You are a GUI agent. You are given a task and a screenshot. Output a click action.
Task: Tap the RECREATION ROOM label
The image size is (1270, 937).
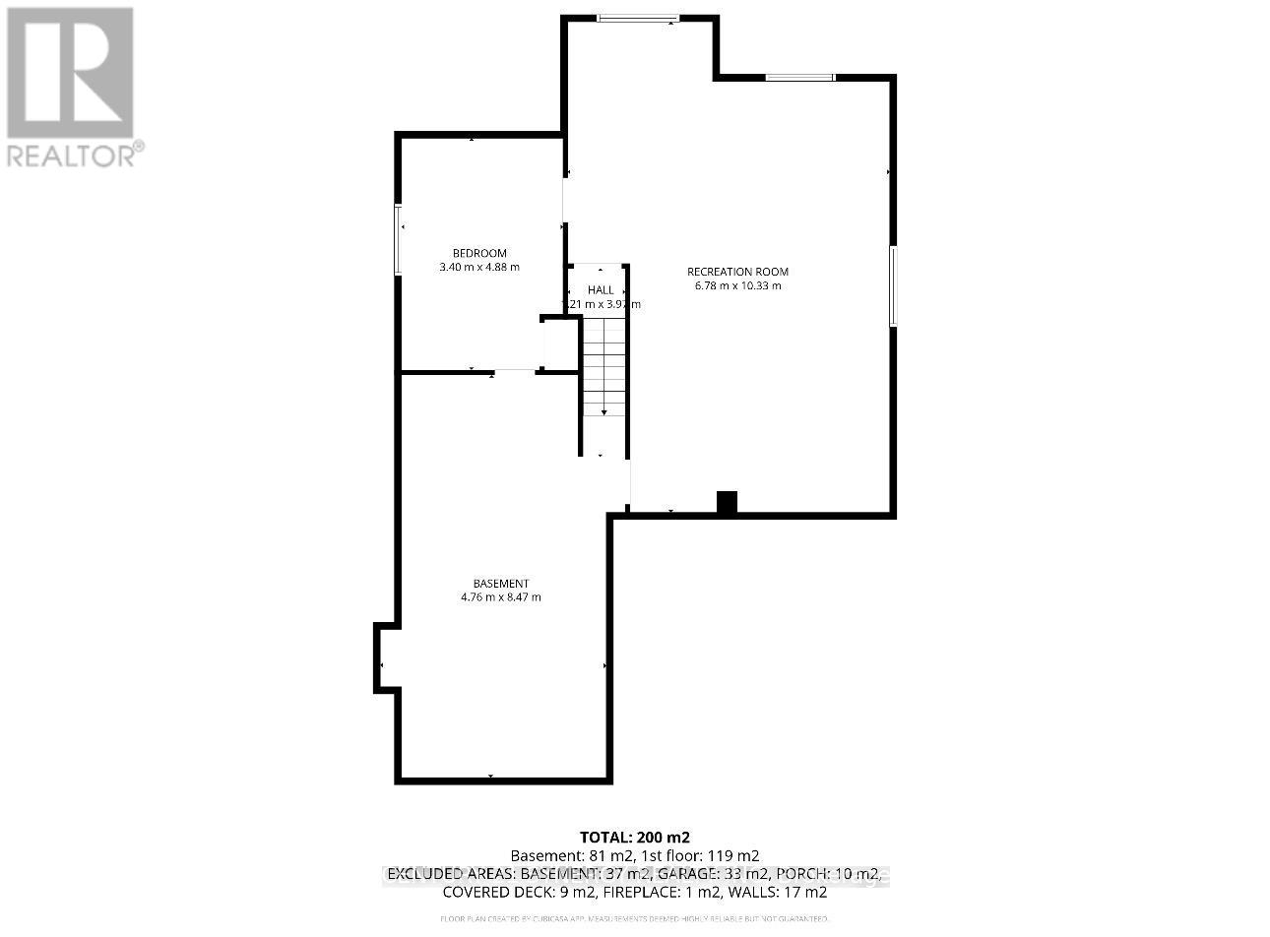coord(737,272)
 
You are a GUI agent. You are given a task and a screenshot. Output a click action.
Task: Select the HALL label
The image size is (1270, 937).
coord(601,290)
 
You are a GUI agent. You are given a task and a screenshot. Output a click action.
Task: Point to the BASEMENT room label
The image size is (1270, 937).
coord(500,583)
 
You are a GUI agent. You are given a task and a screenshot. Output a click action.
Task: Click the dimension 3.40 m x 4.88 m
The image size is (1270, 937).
coord(479,267)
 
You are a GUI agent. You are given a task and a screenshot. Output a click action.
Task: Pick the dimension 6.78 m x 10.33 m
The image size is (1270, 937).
coord(737,286)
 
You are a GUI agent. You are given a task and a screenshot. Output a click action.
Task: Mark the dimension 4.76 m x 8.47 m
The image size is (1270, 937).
coord(500,597)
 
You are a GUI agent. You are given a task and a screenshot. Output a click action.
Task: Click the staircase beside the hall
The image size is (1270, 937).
coord(603,368)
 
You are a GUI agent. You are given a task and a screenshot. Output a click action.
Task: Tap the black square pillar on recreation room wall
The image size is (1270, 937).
coord(727,503)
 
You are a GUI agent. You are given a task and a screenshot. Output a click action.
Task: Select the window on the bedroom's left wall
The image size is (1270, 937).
coord(399,239)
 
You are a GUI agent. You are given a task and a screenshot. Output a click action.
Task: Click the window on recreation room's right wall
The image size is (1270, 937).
coord(893,285)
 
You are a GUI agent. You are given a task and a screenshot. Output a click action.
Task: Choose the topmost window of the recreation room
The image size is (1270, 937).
coord(638,17)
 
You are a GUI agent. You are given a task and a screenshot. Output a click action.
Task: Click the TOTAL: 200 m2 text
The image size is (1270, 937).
coord(634,838)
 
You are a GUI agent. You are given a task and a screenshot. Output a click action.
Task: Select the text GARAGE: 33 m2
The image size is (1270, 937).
coord(712,874)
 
